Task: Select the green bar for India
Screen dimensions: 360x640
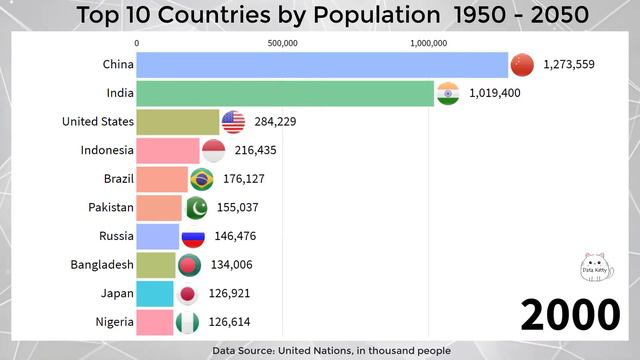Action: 285,93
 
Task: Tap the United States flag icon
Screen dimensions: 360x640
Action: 233,122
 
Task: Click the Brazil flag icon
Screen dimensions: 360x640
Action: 201,180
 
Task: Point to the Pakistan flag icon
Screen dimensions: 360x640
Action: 196,208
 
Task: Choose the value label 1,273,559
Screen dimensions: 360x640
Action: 569,65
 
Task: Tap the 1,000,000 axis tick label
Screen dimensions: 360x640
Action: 429,42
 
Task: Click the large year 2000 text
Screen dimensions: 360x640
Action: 569,314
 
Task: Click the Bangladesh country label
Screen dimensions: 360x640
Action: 101,266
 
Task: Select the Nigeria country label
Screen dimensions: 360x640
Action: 112,323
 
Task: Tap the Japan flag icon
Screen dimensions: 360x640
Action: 187,295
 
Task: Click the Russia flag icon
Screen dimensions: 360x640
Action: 192,237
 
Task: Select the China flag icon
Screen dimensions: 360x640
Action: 523,65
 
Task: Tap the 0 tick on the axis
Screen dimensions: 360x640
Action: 137,42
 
